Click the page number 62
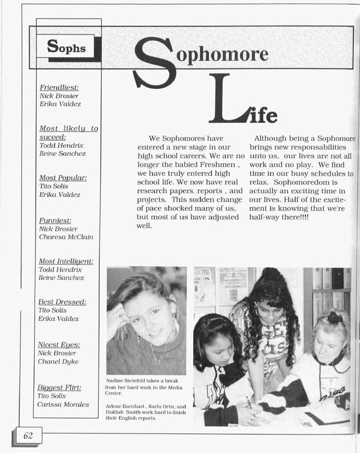(x=28, y=436)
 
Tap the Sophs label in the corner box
(x=66, y=46)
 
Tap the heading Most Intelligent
(x=66, y=261)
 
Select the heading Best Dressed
(x=63, y=302)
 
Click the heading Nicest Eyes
(x=59, y=345)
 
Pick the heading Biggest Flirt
(x=59, y=388)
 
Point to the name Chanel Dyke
(x=58, y=362)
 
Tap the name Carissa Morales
(x=63, y=405)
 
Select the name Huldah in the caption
(x=114, y=412)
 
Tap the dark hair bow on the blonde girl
(x=334, y=317)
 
